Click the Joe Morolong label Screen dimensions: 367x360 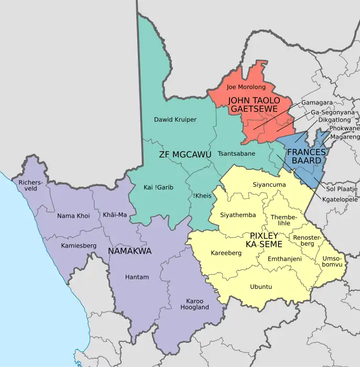point(246,87)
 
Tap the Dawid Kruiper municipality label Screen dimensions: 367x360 point(175,120)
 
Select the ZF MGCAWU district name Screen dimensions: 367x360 point(185,155)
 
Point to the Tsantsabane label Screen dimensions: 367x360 point(236,154)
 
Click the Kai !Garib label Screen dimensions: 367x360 point(158,188)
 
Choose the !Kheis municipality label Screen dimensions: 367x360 point(202,195)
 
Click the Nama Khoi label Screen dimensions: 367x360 point(73,215)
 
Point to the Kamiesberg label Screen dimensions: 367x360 point(79,245)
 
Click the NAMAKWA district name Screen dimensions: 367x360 point(129,251)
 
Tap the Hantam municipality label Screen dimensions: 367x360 point(137,277)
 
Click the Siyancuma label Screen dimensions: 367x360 point(269,185)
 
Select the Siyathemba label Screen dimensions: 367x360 point(238,215)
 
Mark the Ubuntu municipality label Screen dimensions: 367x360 point(260,287)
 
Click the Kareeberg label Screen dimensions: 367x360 point(226,253)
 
